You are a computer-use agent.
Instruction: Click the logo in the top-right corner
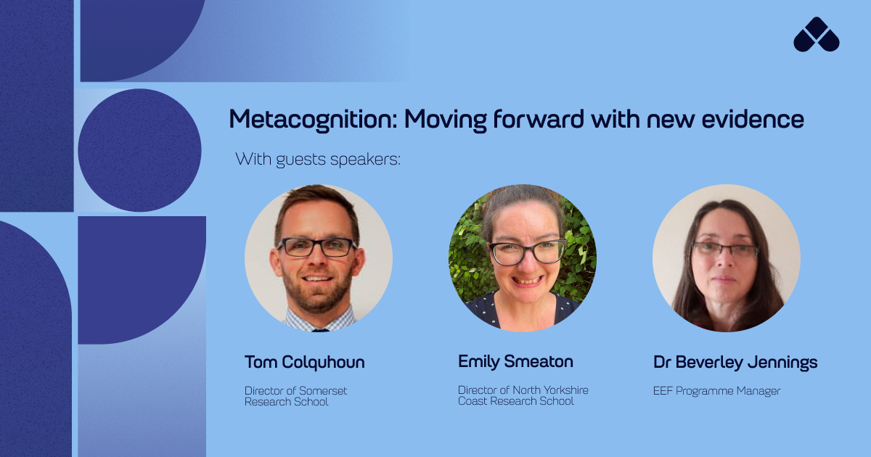(x=816, y=35)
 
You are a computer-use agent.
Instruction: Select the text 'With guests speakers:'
(x=318, y=159)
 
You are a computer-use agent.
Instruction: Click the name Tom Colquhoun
(x=304, y=362)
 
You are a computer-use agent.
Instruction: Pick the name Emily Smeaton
(x=515, y=362)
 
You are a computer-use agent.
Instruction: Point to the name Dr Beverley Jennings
(x=735, y=362)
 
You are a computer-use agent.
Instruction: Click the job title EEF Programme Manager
(x=716, y=391)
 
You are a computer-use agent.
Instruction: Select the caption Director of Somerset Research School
(x=295, y=396)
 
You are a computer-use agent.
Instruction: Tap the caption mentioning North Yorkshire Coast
(x=523, y=395)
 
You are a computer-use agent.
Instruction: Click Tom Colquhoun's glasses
(x=316, y=247)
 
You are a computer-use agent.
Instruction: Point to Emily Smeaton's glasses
(x=527, y=252)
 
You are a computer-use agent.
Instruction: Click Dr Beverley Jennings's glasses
(x=725, y=250)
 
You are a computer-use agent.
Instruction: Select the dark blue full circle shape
(x=139, y=150)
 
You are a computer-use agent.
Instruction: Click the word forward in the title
(x=539, y=118)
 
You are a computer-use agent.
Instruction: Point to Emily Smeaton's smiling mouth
(x=527, y=280)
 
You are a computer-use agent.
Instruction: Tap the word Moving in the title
(x=446, y=120)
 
